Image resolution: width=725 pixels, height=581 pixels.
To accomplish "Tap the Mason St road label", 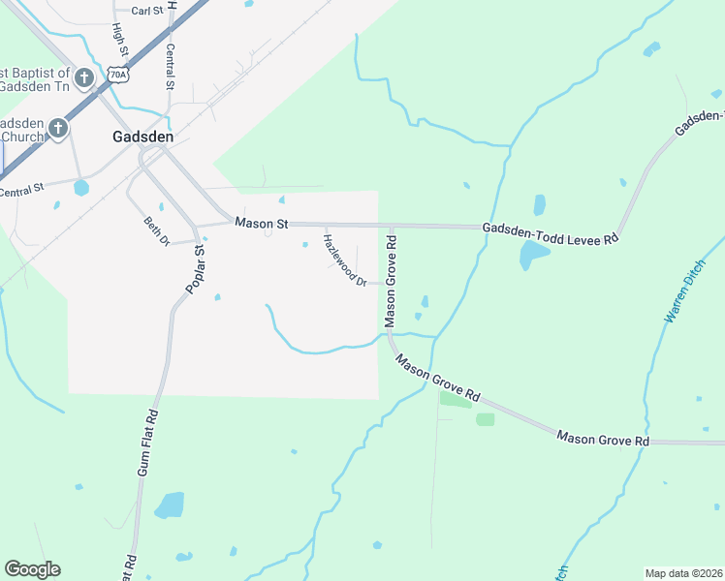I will coord(262,223).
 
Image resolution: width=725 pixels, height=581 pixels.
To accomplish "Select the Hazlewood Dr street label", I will coord(344,260).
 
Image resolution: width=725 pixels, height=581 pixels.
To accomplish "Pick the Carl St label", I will coord(146,11).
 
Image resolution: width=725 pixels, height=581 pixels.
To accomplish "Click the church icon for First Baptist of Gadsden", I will coord(84,76).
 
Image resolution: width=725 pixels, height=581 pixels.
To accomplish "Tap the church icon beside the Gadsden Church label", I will coord(58,127).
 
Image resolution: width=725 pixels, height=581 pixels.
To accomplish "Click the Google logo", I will coord(32,569).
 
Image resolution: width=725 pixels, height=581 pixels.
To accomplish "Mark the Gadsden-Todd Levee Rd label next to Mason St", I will coord(550,232).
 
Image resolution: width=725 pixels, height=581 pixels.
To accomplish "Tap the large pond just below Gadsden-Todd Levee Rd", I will coord(533,255).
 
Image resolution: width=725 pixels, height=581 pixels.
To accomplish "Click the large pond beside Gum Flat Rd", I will coord(169,505).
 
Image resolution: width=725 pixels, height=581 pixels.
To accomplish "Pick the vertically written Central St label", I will coord(171,67).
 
